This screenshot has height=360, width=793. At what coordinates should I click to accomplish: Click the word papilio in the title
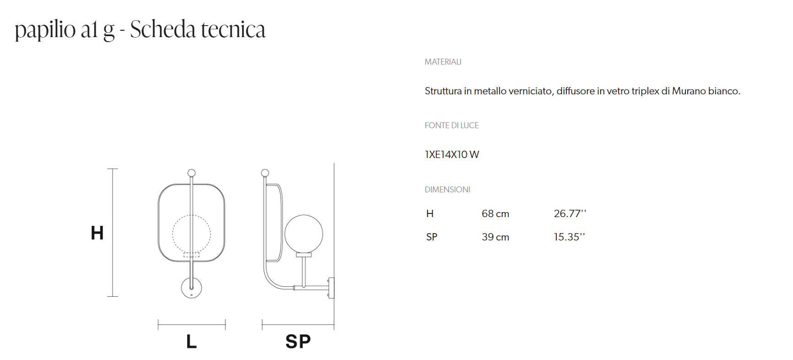pos(45,30)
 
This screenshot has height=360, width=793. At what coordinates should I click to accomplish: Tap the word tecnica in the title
pos(233,30)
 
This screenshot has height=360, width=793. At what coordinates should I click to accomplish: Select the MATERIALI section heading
pos(443,62)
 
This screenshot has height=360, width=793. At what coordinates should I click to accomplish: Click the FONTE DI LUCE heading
pos(451,125)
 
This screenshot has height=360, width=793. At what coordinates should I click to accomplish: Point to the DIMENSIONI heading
pos(447,190)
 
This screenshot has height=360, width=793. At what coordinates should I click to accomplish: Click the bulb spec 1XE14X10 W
pos(452,155)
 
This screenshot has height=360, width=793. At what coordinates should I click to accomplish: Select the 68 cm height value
pos(495,214)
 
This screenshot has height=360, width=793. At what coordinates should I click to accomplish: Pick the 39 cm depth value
pos(495,237)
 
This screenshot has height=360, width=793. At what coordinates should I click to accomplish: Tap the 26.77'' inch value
pos(570,213)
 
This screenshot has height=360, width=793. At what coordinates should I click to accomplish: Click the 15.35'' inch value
pos(570,237)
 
